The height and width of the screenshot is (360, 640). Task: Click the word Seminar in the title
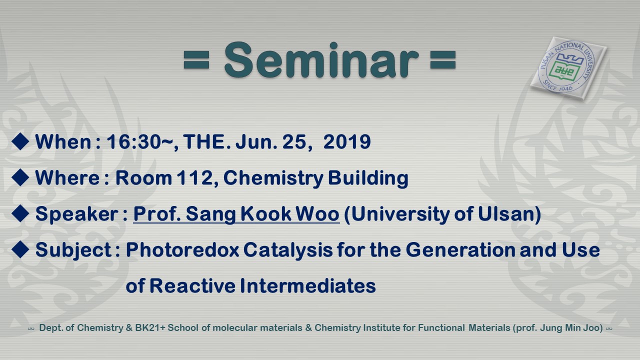tap(321, 60)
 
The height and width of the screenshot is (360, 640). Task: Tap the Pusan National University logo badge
tap(568, 68)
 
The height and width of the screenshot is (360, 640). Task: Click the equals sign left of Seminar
tap(196, 60)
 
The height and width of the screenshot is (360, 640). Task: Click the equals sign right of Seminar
tap(443, 60)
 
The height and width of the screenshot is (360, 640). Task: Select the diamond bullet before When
tap(20, 141)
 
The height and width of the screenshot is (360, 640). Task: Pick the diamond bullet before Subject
tap(20, 249)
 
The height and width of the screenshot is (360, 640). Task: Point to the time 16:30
tap(133, 141)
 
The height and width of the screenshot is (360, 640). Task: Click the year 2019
tap(347, 141)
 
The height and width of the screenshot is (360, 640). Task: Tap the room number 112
tap(195, 177)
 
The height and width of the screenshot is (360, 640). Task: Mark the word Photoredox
tap(182, 249)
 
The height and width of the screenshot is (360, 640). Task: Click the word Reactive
tap(192, 285)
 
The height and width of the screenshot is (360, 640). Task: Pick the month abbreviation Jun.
tap(256, 141)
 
